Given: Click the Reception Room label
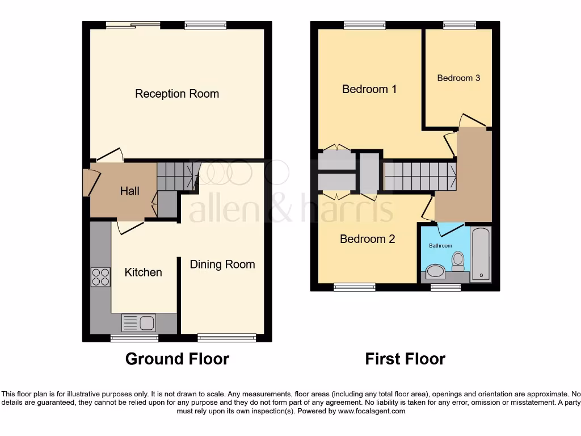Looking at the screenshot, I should pos(177,94).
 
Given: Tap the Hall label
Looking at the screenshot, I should pos(129,191).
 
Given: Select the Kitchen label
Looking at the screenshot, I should pos(143,272).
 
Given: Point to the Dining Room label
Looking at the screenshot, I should pos(222,264).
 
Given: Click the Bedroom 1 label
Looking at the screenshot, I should pos(369,89).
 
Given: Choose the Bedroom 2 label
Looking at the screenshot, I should pos(367,239).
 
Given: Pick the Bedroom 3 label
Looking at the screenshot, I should pos(458,78).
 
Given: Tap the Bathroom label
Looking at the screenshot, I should pos(440,246).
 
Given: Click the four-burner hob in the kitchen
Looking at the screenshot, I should pos(100,276).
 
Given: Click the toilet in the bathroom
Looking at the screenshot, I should pos(458,261).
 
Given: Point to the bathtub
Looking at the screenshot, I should pos(481,253).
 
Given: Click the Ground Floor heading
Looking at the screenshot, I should pos(177,359).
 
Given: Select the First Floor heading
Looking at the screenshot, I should pos(405,359).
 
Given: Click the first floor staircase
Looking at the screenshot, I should pos(420,176).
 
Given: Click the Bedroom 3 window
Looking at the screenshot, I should pos(460,25).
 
